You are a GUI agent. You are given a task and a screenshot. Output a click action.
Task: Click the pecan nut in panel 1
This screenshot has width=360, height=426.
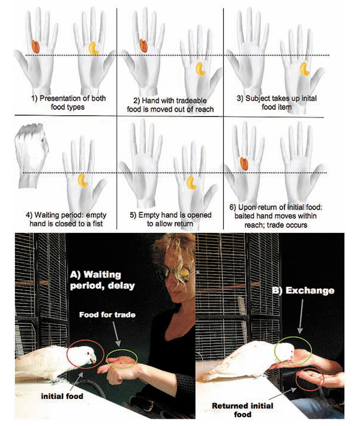[35, 46]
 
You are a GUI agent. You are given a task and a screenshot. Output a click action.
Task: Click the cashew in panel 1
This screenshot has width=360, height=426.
[94, 48]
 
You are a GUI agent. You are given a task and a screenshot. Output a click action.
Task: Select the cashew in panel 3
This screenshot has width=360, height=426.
[305, 69]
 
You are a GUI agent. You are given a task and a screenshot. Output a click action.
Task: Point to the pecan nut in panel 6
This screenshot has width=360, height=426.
[244, 164]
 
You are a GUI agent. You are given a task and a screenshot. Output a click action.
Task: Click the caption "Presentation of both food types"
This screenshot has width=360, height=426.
[68, 103]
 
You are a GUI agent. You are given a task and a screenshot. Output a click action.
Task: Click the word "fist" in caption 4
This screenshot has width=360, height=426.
[97, 224]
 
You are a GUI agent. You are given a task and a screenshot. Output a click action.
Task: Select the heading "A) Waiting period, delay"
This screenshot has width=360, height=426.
[103, 280]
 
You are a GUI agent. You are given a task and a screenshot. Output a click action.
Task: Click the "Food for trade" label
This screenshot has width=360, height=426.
[107, 314]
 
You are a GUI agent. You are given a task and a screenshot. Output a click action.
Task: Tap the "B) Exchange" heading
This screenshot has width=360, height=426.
[303, 290]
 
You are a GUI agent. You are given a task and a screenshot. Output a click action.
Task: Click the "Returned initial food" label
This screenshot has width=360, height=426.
[242, 410]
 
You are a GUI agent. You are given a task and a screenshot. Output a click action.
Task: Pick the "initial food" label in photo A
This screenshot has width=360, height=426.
[62, 396]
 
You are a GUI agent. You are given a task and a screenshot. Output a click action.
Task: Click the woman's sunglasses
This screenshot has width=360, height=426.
[176, 274]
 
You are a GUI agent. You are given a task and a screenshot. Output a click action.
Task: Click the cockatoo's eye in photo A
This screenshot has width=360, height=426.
[89, 353]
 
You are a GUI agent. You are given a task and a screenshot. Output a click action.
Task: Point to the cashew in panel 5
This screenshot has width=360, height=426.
[192, 182]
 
